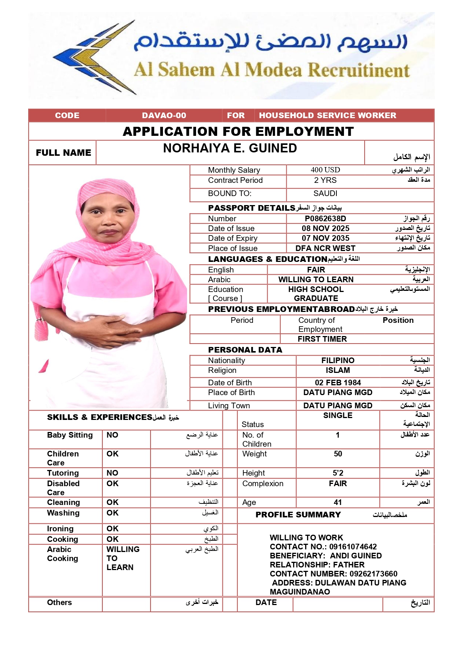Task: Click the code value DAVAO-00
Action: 164,116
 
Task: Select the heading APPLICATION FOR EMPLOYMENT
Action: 238,131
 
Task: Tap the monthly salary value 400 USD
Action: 325,170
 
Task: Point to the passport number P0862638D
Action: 325,219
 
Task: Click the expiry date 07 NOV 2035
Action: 325,238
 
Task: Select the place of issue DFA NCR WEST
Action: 325,248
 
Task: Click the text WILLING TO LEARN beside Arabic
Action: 316,280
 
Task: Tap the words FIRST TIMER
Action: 322,339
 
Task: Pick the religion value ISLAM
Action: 338,370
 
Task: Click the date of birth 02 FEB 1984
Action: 338,383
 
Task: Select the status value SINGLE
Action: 338,415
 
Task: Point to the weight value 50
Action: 338,454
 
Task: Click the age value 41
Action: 338,502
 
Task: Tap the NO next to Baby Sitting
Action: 112,435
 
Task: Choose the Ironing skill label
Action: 60,529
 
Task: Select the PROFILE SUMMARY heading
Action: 298,515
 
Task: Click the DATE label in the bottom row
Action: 266,602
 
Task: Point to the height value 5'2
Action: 338,473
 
